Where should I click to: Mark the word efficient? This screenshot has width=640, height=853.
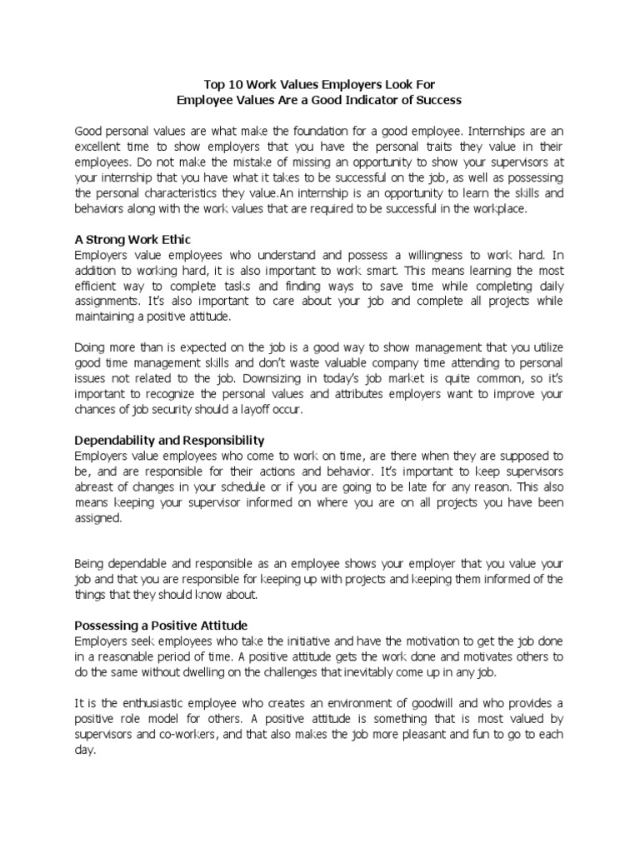(x=97, y=287)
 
